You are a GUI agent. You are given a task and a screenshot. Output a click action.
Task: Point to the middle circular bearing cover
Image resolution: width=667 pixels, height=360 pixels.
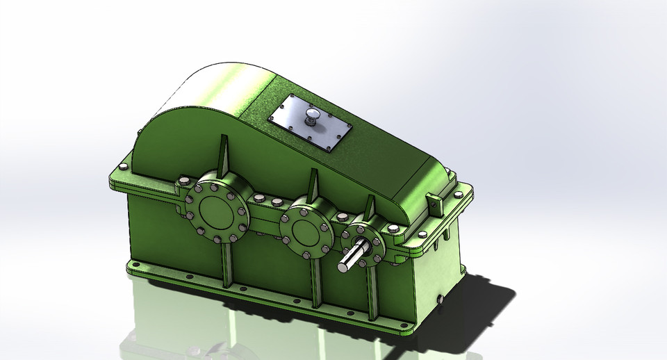tap(306, 227)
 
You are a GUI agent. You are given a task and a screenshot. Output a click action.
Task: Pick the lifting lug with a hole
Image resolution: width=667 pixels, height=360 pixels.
tap(435, 204)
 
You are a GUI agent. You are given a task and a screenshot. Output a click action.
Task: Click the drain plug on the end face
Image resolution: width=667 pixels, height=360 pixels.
tap(440, 298)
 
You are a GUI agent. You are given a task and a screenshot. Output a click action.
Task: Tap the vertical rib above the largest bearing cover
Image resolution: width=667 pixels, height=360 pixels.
tap(224, 154)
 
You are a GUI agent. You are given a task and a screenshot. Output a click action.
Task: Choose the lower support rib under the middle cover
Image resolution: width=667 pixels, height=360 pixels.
tap(317, 281)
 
